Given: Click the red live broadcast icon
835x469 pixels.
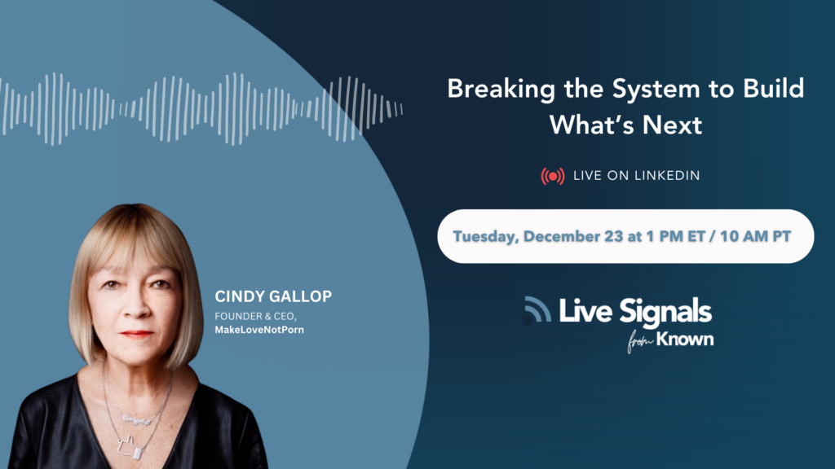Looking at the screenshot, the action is pyautogui.click(x=553, y=176).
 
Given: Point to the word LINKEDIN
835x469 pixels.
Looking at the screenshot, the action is pyautogui.click(x=667, y=176).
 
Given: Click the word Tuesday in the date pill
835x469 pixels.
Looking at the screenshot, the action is pyautogui.click(x=486, y=237).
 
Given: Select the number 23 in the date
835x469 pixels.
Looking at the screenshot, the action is pyautogui.click(x=613, y=236).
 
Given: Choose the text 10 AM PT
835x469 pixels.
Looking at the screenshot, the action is pyautogui.click(x=755, y=236).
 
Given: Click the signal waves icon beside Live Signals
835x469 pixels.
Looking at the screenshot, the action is pyautogui.click(x=537, y=309).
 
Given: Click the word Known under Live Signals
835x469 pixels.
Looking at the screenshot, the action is pyautogui.click(x=685, y=339).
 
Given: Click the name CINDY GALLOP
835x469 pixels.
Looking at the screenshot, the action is pyautogui.click(x=273, y=296).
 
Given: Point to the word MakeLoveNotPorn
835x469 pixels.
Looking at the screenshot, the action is pyautogui.click(x=259, y=330).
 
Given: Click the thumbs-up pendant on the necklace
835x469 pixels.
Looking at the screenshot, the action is pyautogui.click(x=130, y=448).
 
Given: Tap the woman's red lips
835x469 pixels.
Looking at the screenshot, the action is pyautogui.click(x=135, y=334).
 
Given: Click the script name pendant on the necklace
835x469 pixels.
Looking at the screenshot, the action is pyautogui.click(x=136, y=420).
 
